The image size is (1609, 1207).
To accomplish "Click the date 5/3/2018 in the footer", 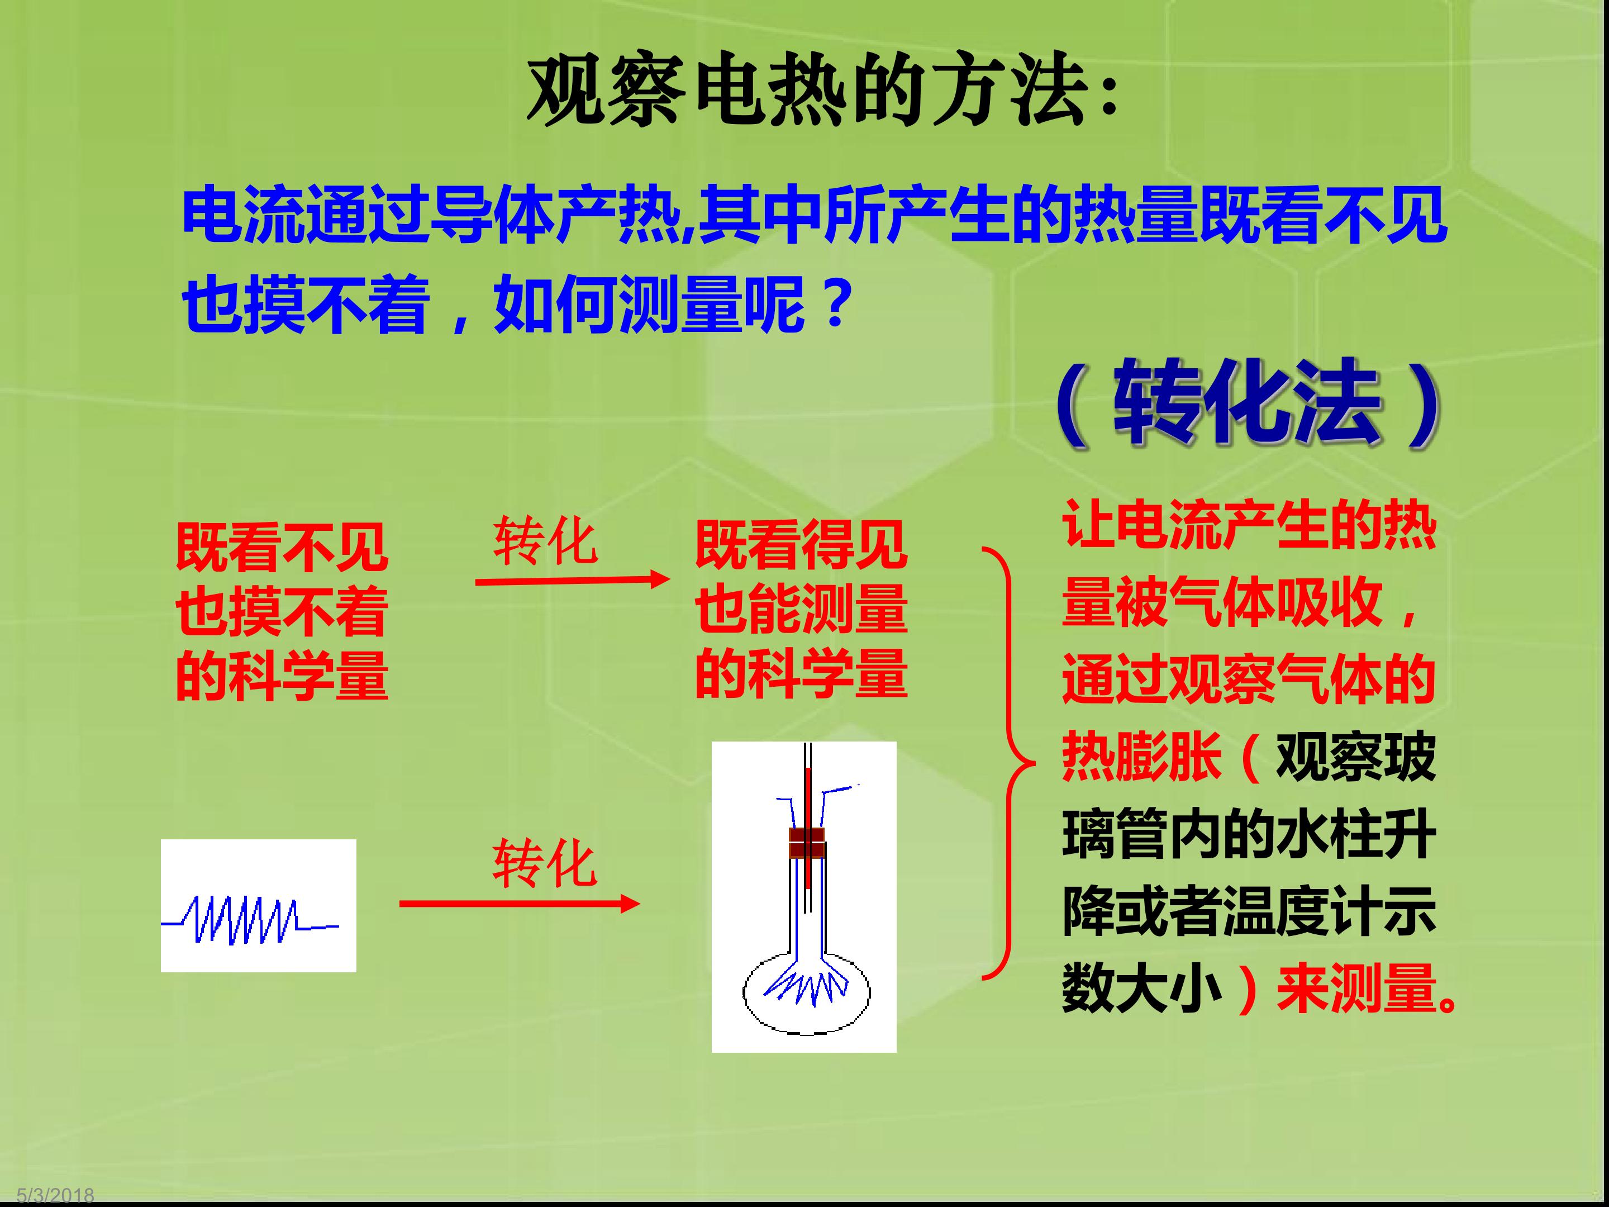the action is tap(55, 1196).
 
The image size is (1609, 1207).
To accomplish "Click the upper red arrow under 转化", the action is tap(573, 580).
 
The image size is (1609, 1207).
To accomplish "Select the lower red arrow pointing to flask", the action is tap(520, 904).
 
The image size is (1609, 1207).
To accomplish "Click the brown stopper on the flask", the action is tap(807, 843).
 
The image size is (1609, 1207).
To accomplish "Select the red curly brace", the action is tap(1010, 763).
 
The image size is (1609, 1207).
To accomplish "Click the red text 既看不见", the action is tap(282, 547).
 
